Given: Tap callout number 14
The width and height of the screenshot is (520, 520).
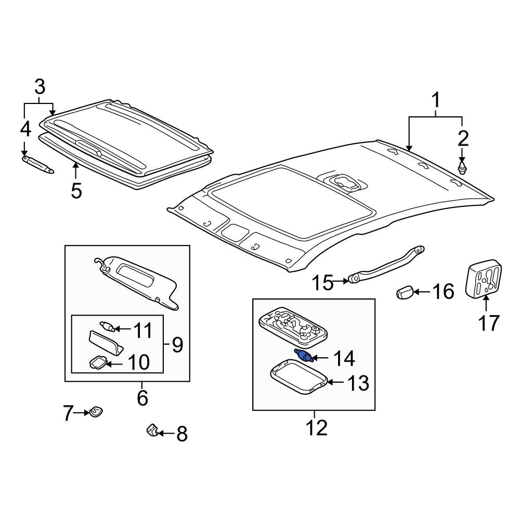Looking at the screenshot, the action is pyautogui.click(x=344, y=358).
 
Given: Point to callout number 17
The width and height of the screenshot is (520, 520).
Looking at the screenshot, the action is pyautogui.click(x=488, y=323).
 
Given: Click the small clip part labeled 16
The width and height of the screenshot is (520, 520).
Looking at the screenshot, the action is pyautogui.click(x=405, y=293).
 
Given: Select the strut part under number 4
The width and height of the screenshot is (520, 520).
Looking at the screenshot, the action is pyautogui.click(x=37, y=165).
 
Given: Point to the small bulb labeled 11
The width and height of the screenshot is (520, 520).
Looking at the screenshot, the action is pyautogui.click(x=107, y=327).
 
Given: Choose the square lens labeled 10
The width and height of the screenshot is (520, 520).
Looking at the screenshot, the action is pyautogui.click(x=98, y=362).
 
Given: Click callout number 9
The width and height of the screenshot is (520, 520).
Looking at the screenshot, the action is pyautogui.click(x=177, y=345).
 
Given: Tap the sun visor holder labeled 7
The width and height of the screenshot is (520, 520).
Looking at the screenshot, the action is pyautogui.click(x=95, y=412).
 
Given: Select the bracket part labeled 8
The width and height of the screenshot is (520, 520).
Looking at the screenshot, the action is pyautogui.click(x=152, y=430).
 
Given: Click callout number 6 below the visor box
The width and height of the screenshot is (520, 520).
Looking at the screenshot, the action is pyautogui.click(x=142, y=398).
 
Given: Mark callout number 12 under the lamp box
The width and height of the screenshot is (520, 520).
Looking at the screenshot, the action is pyautogui.click(x=317, y=427).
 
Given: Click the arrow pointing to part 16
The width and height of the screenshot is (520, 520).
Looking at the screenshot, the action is pyautogui.click(x=422, y=292).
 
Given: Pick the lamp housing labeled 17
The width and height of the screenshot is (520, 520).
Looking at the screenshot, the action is pyautogui.click(x=484, y=278).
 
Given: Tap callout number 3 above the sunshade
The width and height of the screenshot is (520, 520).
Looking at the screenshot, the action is pyautogui.click(x=40, y=87).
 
